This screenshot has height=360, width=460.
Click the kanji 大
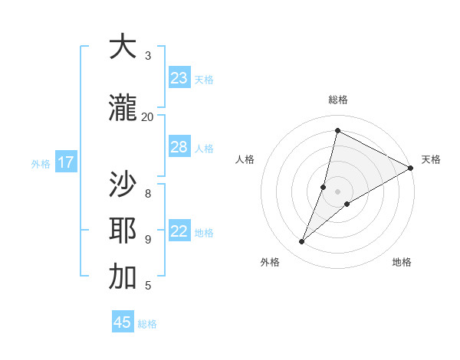[123, 47]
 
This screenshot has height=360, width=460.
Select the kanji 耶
[123, 231]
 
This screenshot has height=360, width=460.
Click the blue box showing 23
[179, 78]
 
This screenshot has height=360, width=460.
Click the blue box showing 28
[179, 147]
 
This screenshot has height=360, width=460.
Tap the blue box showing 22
[179, 231]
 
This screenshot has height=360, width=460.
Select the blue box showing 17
[66, 162]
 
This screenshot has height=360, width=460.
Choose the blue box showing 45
[123, 322]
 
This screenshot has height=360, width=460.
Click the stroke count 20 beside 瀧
[147, 116]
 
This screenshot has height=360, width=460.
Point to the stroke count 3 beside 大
[148, 56]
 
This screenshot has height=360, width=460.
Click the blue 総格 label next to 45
[147, 324]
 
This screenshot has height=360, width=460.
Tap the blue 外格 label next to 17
[41, 163]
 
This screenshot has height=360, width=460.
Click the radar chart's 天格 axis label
[431, 159]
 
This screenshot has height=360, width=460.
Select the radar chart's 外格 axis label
[270, 262]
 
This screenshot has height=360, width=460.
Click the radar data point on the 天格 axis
[411, 169]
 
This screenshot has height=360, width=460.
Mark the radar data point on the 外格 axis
[302, 242]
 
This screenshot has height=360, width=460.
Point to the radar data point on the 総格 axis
[337, 130]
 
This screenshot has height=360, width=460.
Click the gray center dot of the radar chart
[337, 191]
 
